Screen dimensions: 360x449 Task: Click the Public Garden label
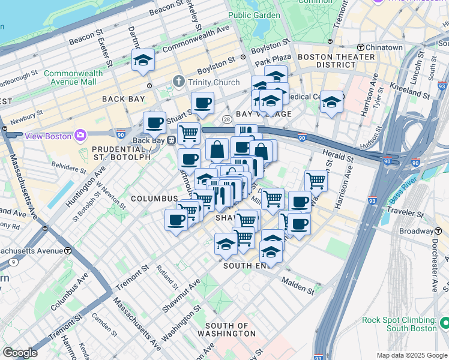click(254, 15)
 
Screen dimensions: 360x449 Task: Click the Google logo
click(20, 353)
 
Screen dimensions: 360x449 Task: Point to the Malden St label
click(299, 285)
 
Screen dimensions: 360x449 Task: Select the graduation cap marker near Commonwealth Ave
click(143, 61)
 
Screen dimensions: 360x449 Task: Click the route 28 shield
click(227, 119)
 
